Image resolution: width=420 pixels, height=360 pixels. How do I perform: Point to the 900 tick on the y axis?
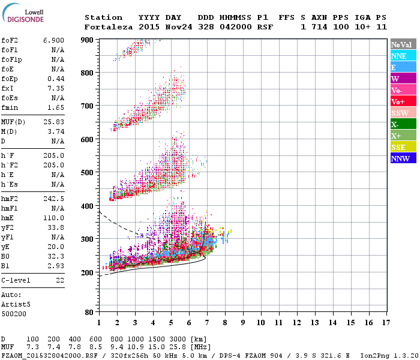(88, 40)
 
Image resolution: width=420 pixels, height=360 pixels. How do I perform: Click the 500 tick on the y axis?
(88, 172)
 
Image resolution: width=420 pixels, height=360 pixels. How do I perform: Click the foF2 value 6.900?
(53, 39)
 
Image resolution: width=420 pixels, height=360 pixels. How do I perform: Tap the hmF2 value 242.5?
(53, 199)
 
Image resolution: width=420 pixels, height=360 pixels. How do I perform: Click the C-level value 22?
(59, 280)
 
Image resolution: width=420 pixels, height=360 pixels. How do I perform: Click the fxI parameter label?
(8, 88)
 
